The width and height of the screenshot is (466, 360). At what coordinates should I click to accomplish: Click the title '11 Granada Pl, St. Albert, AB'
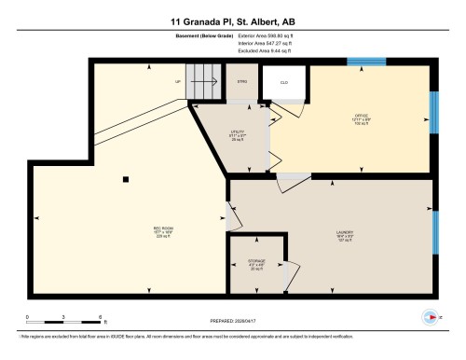tap(233, 21)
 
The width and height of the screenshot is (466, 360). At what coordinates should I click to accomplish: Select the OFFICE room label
tap(362, 118)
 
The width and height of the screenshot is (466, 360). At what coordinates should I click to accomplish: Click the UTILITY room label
tap(238, 134)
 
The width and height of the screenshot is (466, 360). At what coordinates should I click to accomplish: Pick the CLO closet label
tap(284, 82)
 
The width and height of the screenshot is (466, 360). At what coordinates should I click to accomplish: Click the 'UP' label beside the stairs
tap(178, 82)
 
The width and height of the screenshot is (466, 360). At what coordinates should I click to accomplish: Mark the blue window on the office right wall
tap(433, 112)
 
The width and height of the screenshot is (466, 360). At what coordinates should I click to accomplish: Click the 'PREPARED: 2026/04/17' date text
tap(233, 322)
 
